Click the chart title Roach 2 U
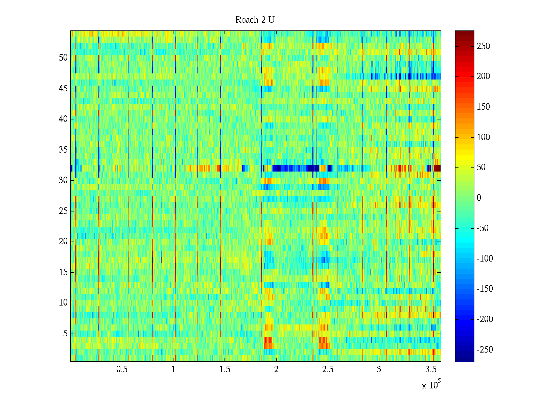click(255, 20)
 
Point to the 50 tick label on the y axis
click(63, 58)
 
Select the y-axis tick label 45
click(63, 89)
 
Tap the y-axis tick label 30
click(63, 180)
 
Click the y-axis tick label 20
click(63, 242)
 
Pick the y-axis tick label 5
click(65, 334)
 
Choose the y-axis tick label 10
click(63, 303)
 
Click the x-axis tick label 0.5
click(122, 369)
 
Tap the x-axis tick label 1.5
click(225, 369)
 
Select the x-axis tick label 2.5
click(328, 369)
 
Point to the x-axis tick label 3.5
click(431, 369)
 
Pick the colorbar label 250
click(483, 46)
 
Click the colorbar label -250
click(485, 350)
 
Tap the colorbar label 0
click(479, 198)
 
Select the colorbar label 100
click(483, 137)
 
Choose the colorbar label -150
click(485, 289)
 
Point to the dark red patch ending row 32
click(437, 168)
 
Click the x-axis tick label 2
click(276, 369)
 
